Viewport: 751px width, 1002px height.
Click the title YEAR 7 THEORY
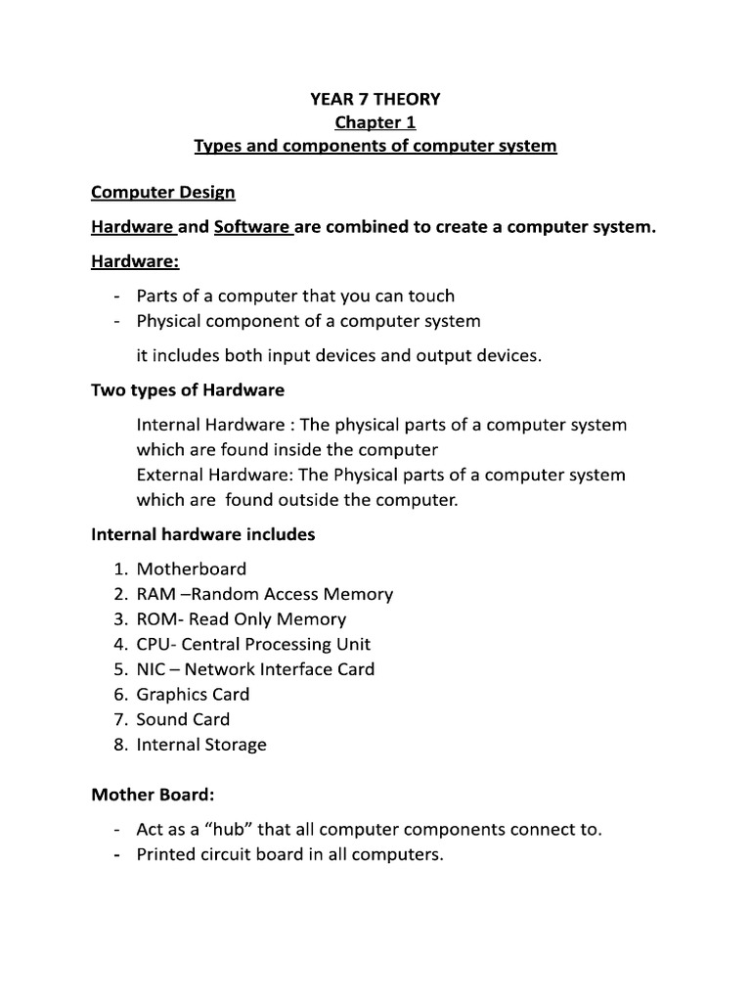pos(375,98)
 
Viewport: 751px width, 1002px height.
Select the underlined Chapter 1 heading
pos(375,122)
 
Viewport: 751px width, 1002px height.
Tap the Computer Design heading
pos(163,193)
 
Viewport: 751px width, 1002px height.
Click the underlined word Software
pos(251,227)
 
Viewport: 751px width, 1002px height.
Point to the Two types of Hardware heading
pos(188,389)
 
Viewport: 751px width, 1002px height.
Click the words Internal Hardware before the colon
pos(202,425)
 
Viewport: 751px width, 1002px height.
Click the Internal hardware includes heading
pos(203,534)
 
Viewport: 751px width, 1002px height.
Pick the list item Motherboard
pos(192,569)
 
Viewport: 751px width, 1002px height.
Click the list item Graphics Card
pos(193,695)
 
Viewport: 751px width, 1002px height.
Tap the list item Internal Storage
pos(201,745)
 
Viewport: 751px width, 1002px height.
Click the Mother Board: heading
pos(152,795)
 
